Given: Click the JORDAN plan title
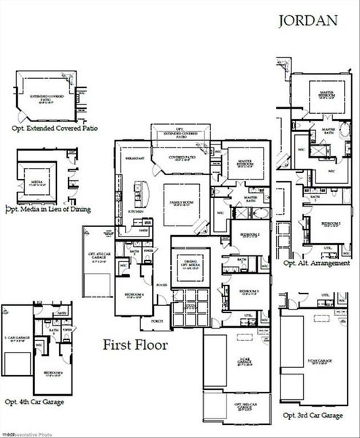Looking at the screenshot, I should point(307,20).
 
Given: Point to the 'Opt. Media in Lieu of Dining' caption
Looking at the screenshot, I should point(49,210).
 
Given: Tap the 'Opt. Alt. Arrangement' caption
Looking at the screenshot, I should point(316,263).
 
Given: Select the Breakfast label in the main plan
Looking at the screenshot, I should point(133,158).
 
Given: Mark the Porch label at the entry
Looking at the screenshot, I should point(156,320).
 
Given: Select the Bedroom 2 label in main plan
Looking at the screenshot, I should point(250,234).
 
